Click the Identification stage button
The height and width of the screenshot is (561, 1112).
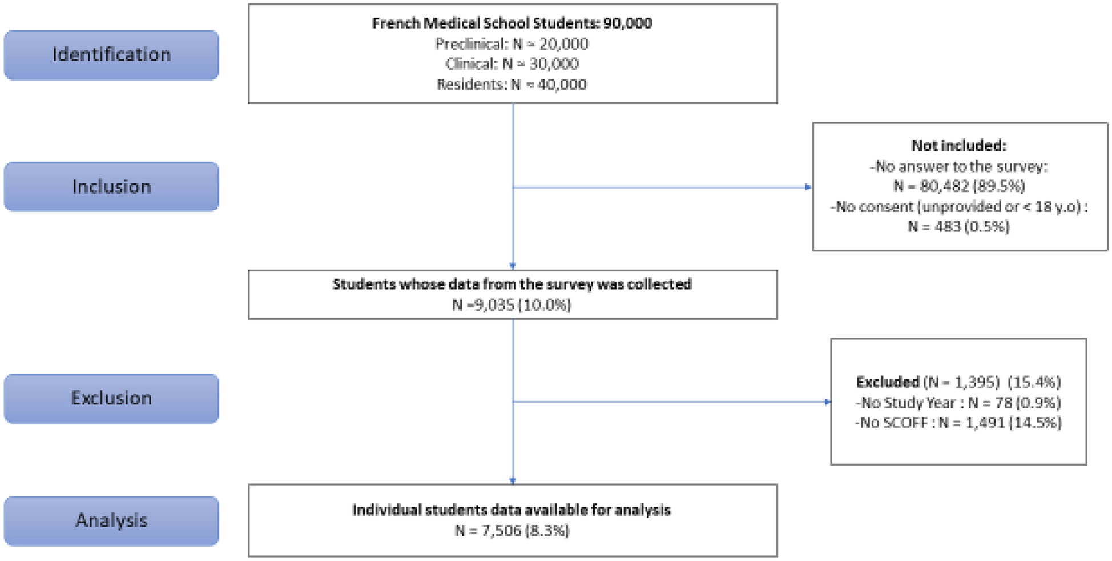111,55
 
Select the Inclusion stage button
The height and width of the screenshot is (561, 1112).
111,187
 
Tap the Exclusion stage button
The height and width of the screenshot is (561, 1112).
111,398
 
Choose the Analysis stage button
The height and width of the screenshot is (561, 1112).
111,520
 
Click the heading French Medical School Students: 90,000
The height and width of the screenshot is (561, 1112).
512,23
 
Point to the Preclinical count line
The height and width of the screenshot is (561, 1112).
512,44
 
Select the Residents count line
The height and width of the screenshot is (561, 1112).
512,85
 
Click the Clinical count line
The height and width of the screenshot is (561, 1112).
512,64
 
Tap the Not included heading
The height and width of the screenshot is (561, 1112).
959,146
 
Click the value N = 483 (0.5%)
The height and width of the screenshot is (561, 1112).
959,227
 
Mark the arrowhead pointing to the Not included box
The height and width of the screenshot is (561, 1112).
808,187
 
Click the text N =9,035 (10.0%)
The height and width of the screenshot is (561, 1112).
512,305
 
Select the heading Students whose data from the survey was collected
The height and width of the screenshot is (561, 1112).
512,284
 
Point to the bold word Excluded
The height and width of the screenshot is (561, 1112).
888,382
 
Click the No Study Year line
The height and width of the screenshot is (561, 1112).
958,403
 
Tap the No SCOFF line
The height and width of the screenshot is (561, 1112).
958,423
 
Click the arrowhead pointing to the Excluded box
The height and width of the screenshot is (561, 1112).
827,402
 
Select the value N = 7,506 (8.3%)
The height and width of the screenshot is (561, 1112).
512,531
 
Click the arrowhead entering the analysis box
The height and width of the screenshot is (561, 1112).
513,481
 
